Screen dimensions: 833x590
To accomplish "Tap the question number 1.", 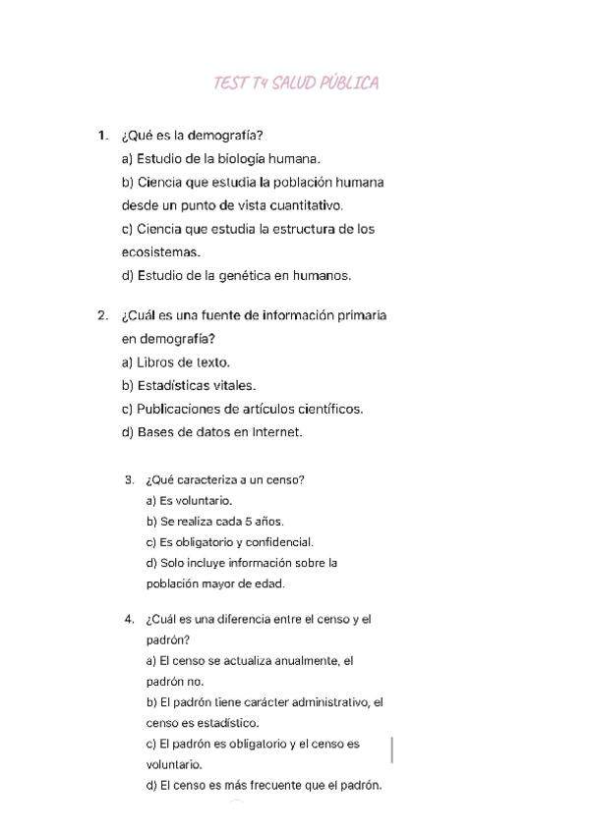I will (x=102, y=136).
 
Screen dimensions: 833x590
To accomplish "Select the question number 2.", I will (x=102, y=316).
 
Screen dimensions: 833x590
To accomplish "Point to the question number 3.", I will (x=130, y=480).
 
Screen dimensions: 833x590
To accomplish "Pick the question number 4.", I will (x=130, y=620).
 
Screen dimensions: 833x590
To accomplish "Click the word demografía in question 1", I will (x=233, y=136).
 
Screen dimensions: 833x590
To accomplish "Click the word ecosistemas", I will (x=152, y=252).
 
